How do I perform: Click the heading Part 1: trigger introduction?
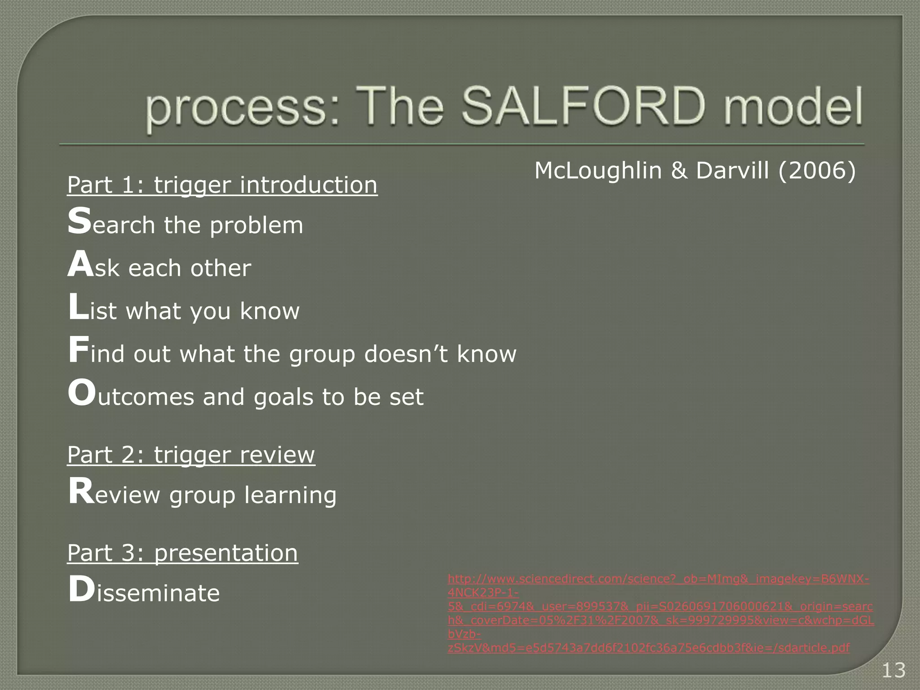coord(222,185)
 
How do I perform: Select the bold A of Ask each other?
coord(80,265)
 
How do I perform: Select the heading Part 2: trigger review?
coord(191,455)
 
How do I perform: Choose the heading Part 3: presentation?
coord(182,553)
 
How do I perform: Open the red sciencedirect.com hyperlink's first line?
coord(658,579)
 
